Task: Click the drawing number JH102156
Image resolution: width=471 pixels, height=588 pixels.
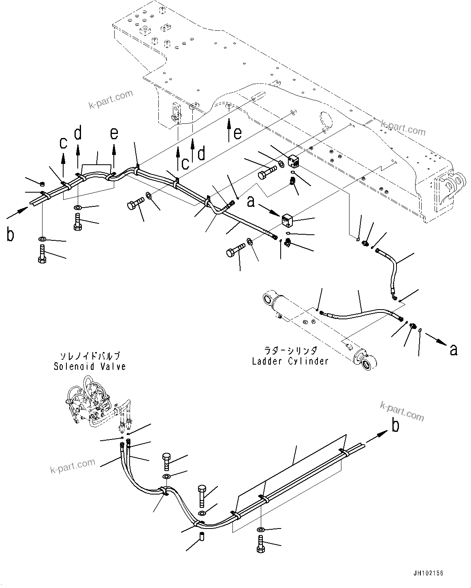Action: (428, 573)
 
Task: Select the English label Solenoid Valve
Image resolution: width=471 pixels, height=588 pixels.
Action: (90, 367)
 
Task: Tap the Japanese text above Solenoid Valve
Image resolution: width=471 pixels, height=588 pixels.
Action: (90, 356)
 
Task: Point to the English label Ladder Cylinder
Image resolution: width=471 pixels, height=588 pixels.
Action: (290, 361)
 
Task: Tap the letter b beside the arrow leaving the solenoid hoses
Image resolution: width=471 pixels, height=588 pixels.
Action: (395, 425)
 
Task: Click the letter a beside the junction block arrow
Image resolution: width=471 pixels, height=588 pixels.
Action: (251, 201)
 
